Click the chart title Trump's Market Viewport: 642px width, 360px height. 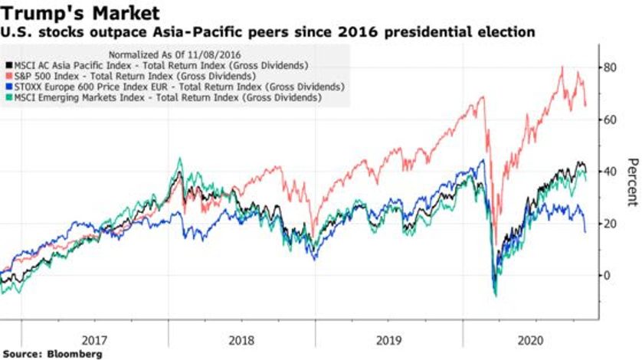pos(80,13)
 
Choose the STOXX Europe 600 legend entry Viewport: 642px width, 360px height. pos(165,87)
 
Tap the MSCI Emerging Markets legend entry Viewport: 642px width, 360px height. pos(165,98)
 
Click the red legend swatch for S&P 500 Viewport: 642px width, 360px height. pos(7,77)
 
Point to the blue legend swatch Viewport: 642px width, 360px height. pos(7,87)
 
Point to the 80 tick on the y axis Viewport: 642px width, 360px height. pos(611,67)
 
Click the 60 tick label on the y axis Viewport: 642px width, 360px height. pos(611,119)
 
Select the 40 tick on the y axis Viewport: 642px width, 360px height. pos(611,172)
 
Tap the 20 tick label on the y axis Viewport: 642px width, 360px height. pos(611,224)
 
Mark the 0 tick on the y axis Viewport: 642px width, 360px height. pos(608,276)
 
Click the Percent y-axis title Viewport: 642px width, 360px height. pos(632,182)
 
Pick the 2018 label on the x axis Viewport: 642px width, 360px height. pos(242,337)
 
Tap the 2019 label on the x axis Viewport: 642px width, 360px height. pos(389,337)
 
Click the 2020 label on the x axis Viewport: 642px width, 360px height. pos(532,337)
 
